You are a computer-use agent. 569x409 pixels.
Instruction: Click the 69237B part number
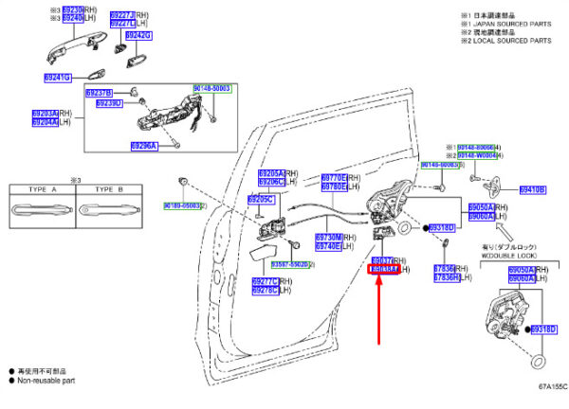point(99,93)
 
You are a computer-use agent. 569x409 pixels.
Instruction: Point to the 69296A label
point(148,145)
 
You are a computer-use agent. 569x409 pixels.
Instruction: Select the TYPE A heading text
point(40,189)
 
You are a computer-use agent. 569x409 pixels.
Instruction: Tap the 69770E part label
point(332,178)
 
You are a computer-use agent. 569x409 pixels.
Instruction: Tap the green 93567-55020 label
point(293,265)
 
